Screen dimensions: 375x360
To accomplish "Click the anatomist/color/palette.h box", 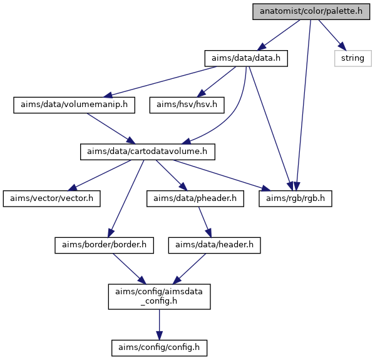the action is (311, 11).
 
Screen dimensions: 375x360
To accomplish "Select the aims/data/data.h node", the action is (246, 58).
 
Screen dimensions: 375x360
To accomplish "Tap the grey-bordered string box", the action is (353, 58).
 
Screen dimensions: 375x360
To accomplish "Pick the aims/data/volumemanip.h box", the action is (74, 105).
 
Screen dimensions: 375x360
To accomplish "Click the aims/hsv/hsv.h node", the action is (187, 105).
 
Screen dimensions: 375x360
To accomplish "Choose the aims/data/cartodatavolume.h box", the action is (148, 152).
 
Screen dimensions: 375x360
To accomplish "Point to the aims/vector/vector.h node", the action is (52, 198).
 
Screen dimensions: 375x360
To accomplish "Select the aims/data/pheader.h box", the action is (195, 198).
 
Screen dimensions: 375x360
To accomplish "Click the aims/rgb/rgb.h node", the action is (295, 198).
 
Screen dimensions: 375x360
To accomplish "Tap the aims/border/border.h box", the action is (105, 245).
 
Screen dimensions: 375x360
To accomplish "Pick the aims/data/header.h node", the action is (215, 245).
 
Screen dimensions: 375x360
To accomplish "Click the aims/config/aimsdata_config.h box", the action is (159, 297).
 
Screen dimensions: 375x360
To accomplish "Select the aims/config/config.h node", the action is (159, 348).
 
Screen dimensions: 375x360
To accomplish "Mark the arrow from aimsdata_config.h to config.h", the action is (159, 324).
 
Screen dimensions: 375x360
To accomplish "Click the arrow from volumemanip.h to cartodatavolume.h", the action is (111, 128).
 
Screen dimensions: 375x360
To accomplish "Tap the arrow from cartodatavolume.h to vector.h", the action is (100, 175).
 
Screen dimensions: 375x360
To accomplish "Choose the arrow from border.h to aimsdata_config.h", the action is (129, 269).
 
